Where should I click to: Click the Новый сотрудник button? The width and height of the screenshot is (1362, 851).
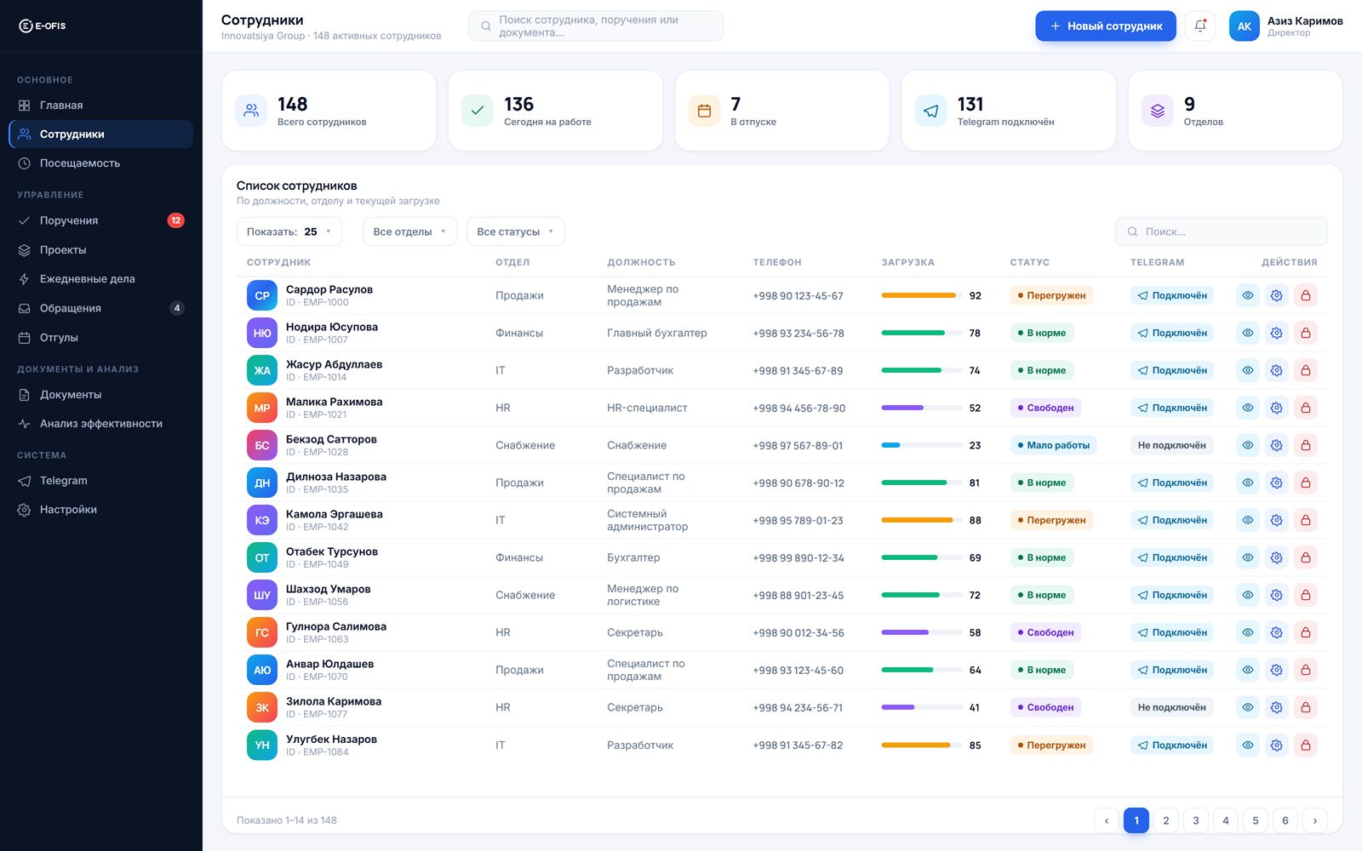[x=1106, y=26]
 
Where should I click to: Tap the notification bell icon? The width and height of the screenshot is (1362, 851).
[x=1199, y=26]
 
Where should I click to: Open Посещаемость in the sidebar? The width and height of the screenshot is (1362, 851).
[x=80, y=163]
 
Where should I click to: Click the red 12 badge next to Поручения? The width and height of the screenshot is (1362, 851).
[x=175, y=220]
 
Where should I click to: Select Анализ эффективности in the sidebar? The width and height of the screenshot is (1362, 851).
[x=101, y=424]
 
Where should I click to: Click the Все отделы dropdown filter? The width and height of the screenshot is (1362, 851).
[x=409, y=231]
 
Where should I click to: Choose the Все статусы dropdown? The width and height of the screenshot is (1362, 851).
[x=516, y=231]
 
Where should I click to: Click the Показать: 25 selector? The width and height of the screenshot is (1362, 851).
[x=289, y=231]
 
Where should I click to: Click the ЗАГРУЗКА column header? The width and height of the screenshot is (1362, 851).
[x=907, y=262]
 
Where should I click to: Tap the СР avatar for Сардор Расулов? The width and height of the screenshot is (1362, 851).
[x=262, y=295]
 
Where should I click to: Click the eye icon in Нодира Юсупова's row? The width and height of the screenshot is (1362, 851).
[x=1248, y=333]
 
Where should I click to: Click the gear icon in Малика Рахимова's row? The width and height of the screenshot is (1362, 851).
[x=1276, y=408]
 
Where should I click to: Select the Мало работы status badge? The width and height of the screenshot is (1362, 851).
[x=1053, y=446]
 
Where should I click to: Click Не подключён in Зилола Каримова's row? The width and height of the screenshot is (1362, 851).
[x=1171, y=707]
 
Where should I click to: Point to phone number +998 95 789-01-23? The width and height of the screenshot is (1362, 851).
[x=798, y=520]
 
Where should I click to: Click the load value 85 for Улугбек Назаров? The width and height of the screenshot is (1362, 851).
[x=975, y=745]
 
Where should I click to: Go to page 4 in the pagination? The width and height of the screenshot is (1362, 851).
[x=1225, y=820]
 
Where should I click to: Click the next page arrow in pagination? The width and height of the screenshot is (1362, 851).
[x=1314, y=820]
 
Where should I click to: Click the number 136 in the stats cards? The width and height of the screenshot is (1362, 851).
[x=518, y=105]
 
